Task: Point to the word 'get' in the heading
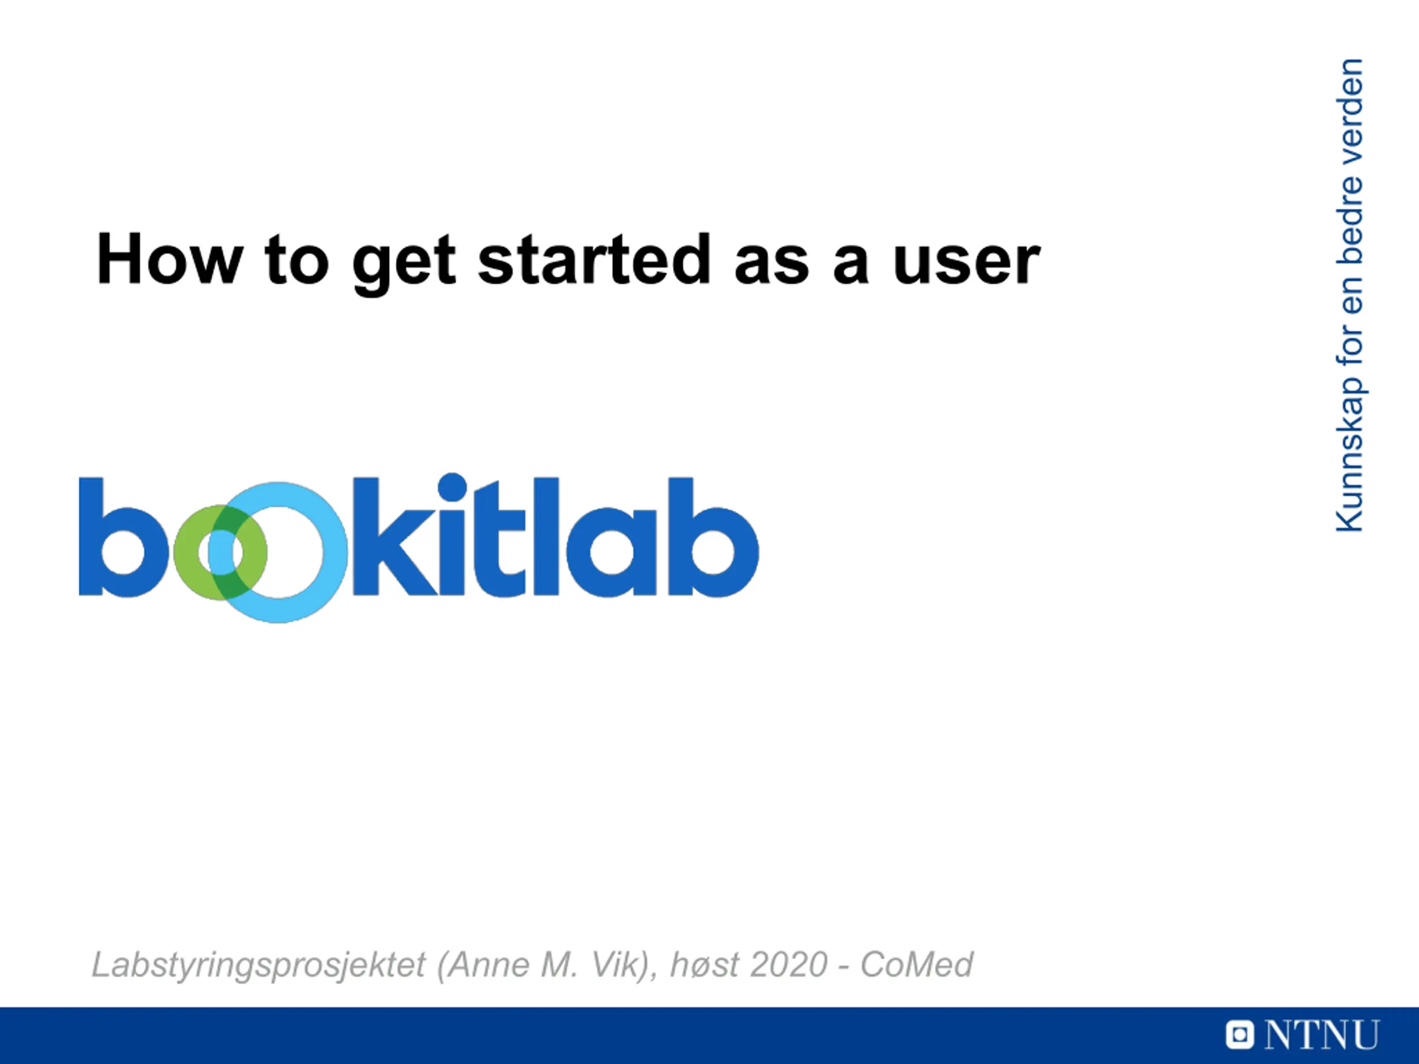pos(404,264)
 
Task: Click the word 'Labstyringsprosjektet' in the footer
pos(258,965)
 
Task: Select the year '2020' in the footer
pos(789,965)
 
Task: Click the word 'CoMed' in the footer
pos(917,965)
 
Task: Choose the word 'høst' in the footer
pos(705,965)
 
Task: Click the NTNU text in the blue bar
pos(1321,1035)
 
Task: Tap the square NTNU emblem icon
pos(1239,1035)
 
